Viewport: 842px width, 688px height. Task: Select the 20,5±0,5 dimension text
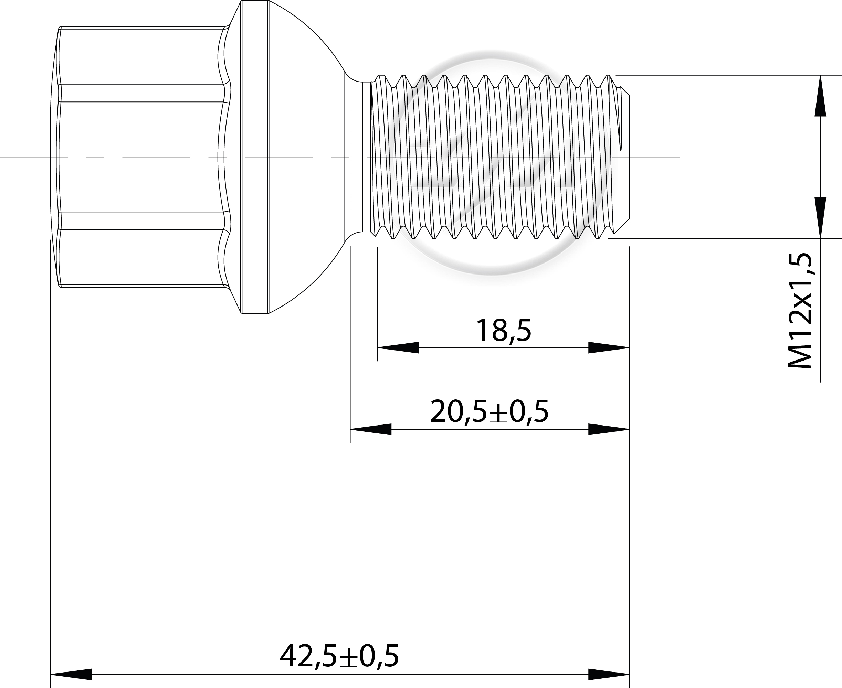489,412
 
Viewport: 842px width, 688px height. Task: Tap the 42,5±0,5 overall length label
339,656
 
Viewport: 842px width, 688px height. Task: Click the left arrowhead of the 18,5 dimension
398,347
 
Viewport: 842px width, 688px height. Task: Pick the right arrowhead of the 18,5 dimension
609,347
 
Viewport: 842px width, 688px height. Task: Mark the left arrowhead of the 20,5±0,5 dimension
371,429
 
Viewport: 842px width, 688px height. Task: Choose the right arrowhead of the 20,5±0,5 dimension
609,429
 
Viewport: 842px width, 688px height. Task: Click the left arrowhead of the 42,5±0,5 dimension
71,674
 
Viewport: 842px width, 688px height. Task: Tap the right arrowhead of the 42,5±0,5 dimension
609,674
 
